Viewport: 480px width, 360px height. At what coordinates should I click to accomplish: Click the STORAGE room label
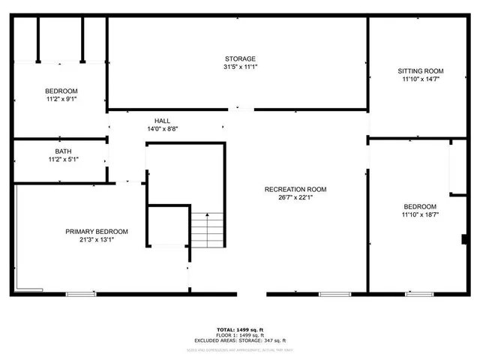[240, 58]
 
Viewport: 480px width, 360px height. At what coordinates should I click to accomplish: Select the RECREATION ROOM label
[295, 189]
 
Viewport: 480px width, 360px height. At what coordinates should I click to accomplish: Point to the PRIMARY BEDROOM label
[96, 231]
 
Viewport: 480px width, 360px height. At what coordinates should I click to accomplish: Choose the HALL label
[162, 121]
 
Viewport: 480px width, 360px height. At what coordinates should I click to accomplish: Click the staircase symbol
[207, 229]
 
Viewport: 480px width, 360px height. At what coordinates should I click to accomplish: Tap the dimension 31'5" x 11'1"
[240, 67]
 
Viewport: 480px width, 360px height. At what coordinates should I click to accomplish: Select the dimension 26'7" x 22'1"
[295, 198]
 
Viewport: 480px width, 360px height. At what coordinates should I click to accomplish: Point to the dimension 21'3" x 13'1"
[96, 240]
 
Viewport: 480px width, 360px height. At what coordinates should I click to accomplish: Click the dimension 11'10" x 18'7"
[420, 215]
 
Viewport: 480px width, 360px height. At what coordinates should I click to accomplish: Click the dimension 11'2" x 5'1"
[63, 160]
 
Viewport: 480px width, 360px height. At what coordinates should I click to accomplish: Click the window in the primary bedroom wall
[76, 293]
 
